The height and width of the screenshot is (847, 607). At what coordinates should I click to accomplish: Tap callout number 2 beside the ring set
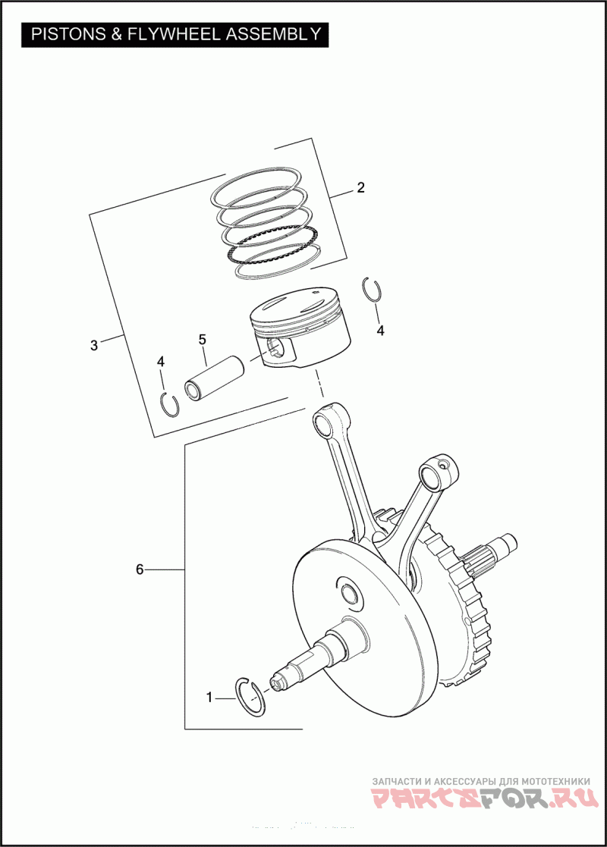361,188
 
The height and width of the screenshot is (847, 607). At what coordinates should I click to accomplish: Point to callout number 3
94,345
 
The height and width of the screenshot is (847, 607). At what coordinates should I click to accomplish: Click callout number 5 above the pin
203,339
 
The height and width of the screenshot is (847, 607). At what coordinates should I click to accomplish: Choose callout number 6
140,569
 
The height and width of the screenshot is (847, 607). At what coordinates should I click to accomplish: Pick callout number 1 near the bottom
210,696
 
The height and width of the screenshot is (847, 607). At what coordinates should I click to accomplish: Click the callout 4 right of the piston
381,331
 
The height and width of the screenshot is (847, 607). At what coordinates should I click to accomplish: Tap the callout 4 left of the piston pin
161,362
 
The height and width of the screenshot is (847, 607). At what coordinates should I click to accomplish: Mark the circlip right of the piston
372,291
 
